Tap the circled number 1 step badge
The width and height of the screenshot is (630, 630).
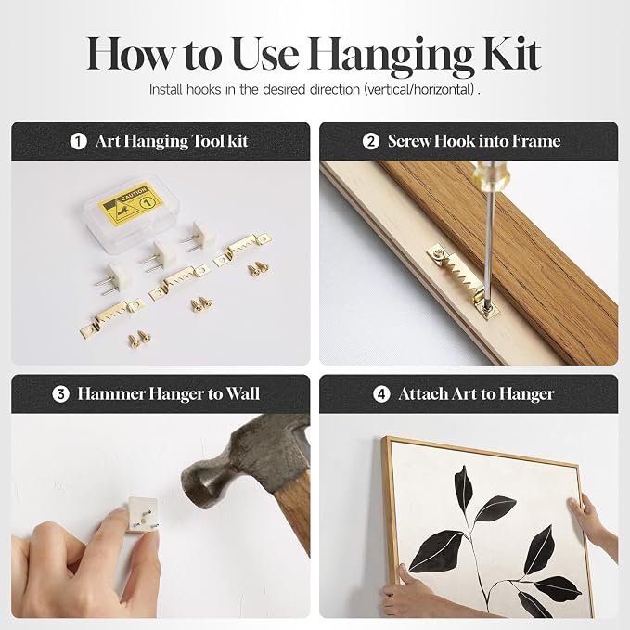78,141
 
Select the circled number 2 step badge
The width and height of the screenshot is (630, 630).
370,141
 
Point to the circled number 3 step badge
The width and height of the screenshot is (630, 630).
60,394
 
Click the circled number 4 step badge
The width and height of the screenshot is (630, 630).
381,394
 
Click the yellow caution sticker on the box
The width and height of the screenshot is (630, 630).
131,204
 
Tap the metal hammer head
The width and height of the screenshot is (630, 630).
237,462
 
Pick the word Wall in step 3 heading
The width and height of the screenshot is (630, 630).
243,393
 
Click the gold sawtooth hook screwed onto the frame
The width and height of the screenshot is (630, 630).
463,280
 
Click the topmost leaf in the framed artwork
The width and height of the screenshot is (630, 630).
463,485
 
